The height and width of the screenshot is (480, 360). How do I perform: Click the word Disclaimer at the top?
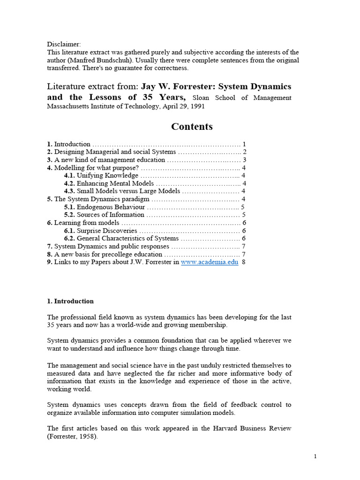(64, 44)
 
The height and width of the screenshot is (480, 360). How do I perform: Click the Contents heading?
(192, 127)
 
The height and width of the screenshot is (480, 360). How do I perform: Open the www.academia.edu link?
(210, 262)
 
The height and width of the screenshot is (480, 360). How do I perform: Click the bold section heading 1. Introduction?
(70, 301)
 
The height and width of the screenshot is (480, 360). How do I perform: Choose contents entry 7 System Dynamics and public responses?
(111, 246)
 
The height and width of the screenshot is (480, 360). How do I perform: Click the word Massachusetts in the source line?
(68, 106)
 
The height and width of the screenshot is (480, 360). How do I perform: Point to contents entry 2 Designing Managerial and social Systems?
(114, 152)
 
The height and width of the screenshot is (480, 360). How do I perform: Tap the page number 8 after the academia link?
(244, 262)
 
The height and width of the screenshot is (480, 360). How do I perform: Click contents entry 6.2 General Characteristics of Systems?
(127, 239)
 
